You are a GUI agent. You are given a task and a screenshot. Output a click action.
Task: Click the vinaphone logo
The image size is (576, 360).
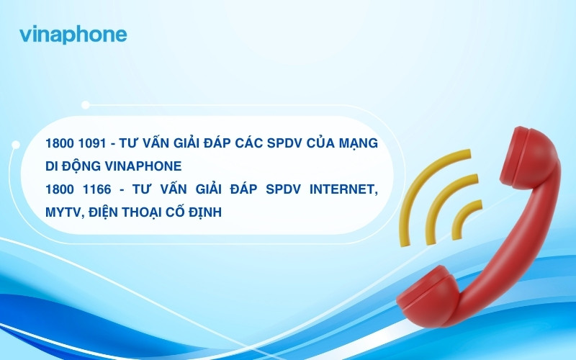[73, 35]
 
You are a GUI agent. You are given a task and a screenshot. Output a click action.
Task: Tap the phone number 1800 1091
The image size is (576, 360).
[76, 143]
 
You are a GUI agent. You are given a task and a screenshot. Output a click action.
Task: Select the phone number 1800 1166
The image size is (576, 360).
[78, 189]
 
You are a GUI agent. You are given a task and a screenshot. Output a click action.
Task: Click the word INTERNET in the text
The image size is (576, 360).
[343, 189]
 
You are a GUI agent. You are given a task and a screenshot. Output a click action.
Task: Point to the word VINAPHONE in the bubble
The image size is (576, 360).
[143, 166]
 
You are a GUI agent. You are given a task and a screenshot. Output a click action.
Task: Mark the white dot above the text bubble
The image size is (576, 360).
[86, 105]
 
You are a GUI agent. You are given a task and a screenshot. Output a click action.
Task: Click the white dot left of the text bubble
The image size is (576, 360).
[16, 145]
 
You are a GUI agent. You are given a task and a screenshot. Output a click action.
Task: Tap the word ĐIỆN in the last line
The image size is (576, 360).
[104, 212]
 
